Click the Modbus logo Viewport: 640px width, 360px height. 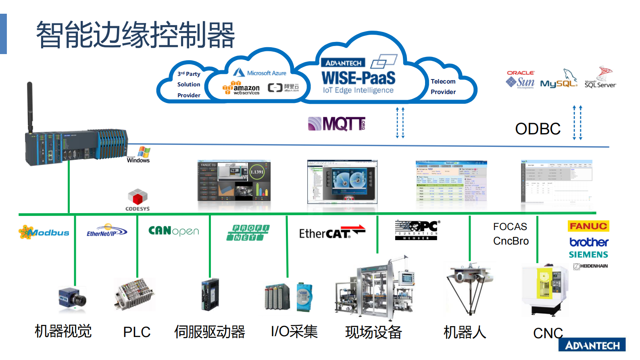click(44, 232)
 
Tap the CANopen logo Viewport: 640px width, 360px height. click(173, 231)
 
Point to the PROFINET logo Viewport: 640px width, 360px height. click(248, 232)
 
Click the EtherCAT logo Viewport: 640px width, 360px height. click(331, 232)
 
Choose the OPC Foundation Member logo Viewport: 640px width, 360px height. click(417, 230)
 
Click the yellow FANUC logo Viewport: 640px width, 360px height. click(588, 226)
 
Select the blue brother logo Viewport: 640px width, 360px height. click(588, 242)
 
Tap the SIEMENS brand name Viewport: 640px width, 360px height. click(588, 255)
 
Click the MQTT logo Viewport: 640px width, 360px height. click(337, 124)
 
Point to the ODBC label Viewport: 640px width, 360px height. click(538, 129)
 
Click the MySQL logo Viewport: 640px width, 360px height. click(559, 81)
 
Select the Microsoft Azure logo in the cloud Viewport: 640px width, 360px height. click(260, 73)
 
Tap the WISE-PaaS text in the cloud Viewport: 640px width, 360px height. click(358, 78)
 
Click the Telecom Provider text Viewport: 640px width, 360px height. click(443, 87)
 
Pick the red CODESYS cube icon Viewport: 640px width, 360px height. click(138, 197)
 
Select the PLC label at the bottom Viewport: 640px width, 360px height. click(137, 332)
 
